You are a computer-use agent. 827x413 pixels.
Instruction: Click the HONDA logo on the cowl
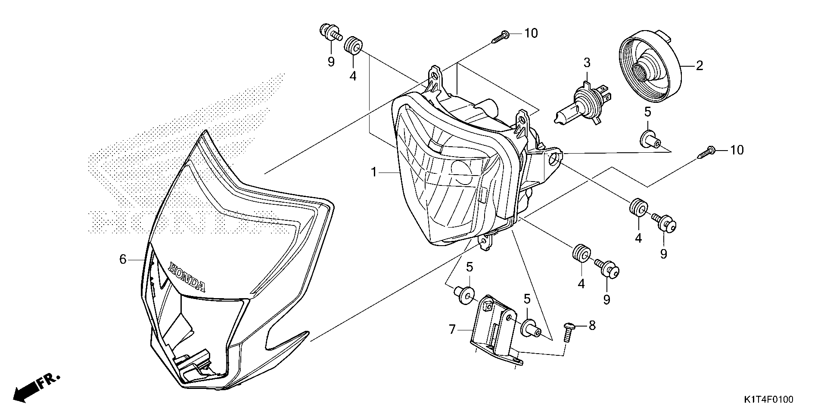point(187,277)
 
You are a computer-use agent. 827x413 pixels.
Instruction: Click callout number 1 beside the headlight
point(374,173)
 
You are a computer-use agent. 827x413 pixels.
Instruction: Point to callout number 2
point(700,66)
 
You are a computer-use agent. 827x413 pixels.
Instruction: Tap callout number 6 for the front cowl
point(123,259)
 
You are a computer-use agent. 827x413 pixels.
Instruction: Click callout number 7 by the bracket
point(452,330)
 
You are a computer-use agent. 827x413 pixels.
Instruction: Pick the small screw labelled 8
point(568,332)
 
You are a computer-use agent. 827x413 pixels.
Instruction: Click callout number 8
point(592,326)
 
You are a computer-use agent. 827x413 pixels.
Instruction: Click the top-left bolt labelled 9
point(329,32)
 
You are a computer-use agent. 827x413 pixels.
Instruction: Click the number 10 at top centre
point(531,33)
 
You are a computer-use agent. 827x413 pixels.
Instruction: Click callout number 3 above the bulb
point(587,63)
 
